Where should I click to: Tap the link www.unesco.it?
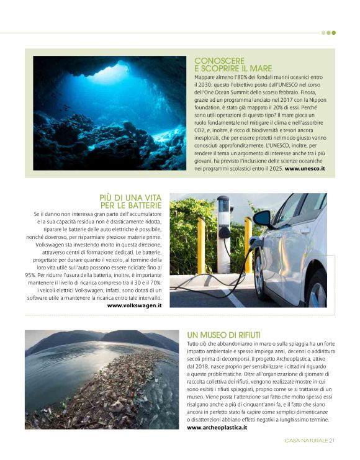305,168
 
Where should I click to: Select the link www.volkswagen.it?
135,305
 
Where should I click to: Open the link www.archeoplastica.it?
217,427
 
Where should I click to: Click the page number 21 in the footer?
333,441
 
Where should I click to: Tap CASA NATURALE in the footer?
306,441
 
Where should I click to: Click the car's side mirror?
262,218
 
